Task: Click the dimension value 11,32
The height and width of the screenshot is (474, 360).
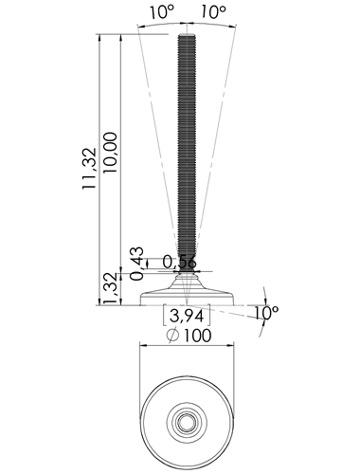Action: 89,169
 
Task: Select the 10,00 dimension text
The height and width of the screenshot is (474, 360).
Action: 110,153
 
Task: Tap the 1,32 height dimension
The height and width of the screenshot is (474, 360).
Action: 112,288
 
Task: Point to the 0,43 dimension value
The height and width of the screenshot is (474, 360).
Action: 137,264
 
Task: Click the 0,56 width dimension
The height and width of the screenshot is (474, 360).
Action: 179,263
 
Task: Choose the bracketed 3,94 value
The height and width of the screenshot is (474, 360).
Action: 187,316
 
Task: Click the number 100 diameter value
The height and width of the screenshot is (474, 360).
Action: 197,336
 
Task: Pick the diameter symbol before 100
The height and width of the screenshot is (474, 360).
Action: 172,336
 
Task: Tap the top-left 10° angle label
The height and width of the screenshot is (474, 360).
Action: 162,12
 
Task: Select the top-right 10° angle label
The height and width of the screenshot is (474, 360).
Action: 214,12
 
